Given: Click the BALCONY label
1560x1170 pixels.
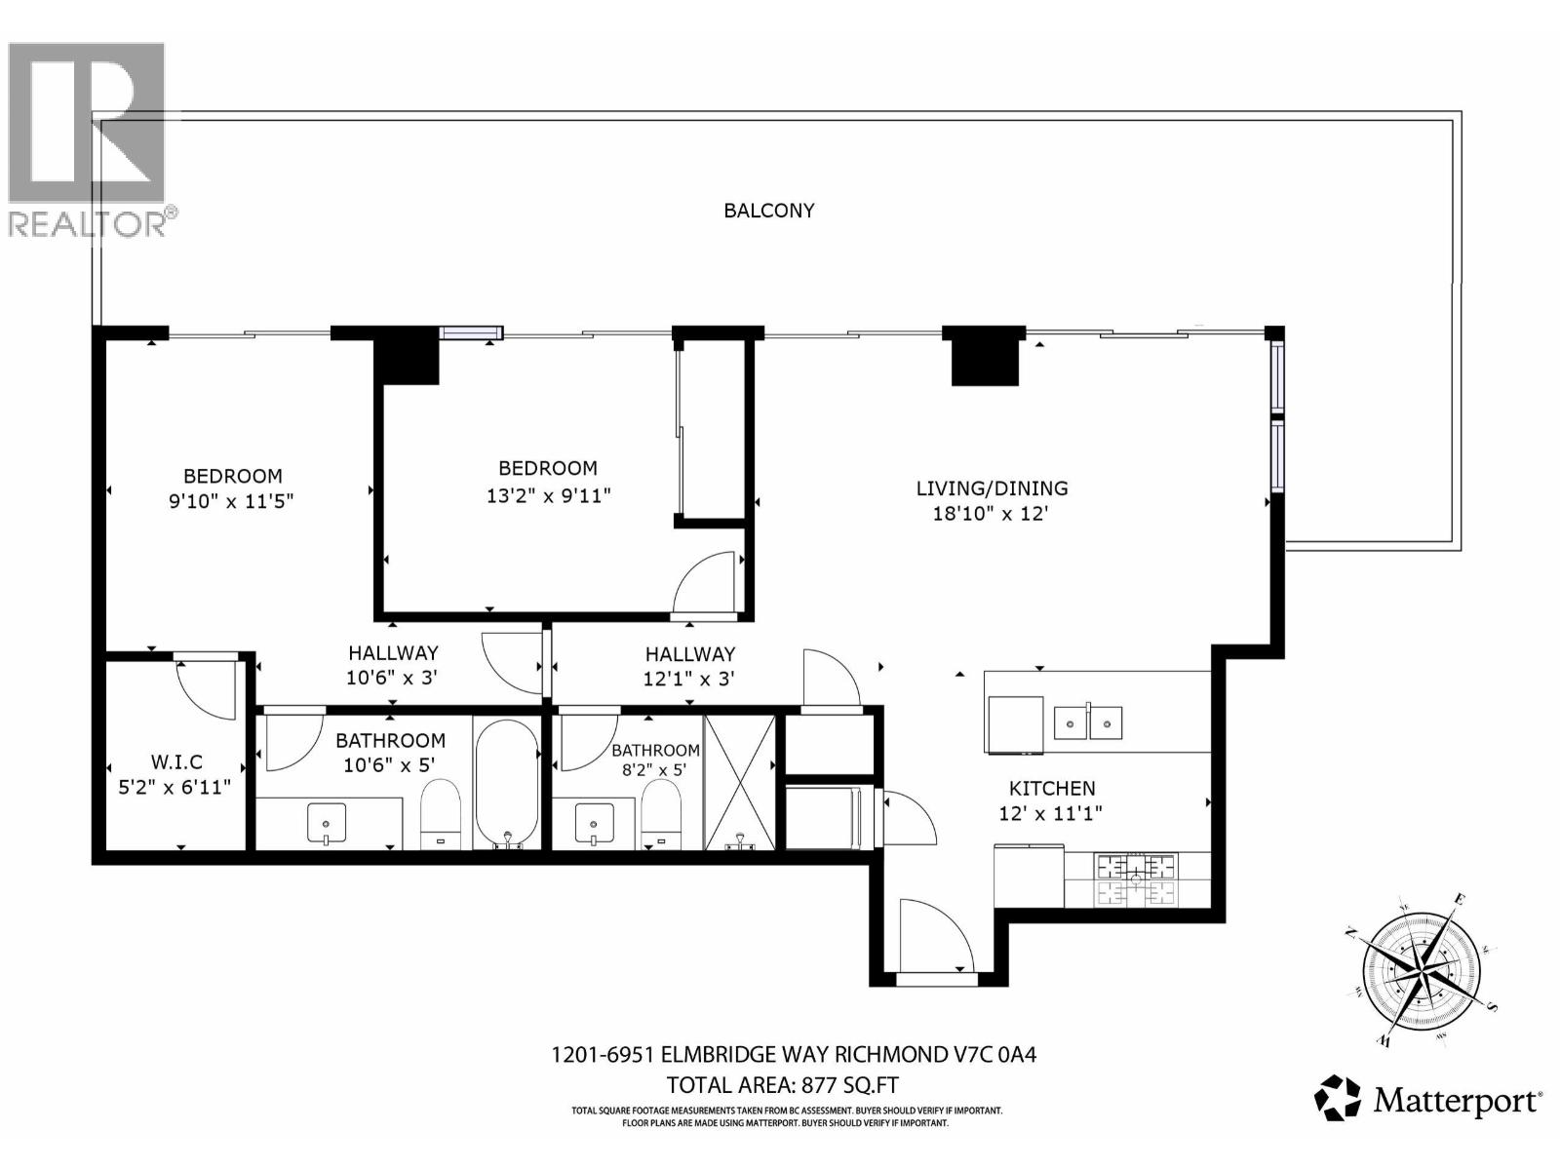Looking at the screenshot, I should [x=768, y=211].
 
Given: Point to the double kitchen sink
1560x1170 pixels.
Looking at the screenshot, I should [x=1088, y=723].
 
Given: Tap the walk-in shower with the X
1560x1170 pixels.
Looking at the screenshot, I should [x=740, y=783].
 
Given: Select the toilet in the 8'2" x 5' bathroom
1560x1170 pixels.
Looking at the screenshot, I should [x=661, y=815].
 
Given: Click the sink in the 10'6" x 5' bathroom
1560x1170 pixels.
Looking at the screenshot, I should [x=326, y=823].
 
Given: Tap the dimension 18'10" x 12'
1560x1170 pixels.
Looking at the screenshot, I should [x=991, y=514].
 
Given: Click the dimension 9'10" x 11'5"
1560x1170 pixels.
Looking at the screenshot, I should [x=232, y=502].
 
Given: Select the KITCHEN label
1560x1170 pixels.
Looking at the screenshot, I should [x=1052, y=789].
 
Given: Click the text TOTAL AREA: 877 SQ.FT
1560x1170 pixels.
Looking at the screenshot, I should [x=782, y=1085].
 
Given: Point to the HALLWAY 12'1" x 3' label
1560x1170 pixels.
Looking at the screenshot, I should [x=689, y=666].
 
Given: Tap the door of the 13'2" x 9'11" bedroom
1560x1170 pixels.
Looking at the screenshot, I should [x=705, y=584].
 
